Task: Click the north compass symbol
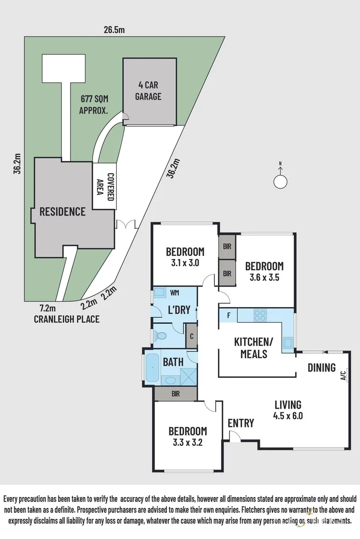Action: pyautogui.click(x=280, y=180)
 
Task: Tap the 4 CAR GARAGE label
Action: pyautogui.click(x=148, y=90)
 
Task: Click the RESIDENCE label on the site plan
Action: pyautogui.click(x=63, y=211)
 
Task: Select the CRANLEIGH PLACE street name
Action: pyautogui.click(x=66, y=319)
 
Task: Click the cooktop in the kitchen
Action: pyautogui.click(x=260, y=315)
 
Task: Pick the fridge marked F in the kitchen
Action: pyautogui.click(x=229, y=316)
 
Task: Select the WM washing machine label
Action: pyautogui.click(x=174, y=292)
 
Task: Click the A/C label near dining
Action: pyautogui.click(x=343, y=375)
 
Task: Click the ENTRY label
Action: pyautogui.click(x=240, y=423)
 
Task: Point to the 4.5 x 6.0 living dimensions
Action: pyautogui.click(x=288, y=416)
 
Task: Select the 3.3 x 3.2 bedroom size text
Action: pyautogui.click(x=187, y=443)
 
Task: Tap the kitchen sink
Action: pyautogui.click(x=288, y=343)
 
